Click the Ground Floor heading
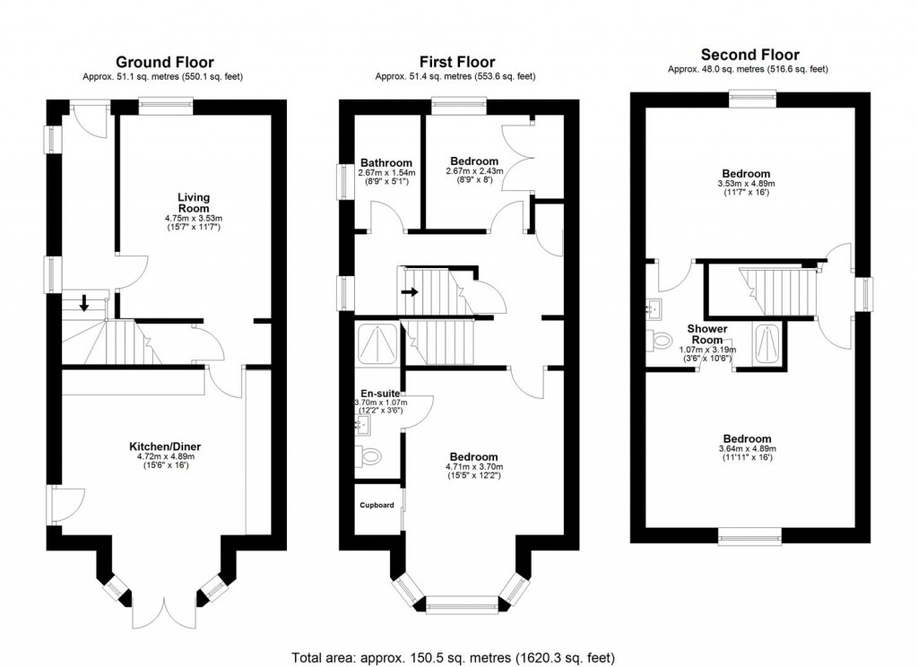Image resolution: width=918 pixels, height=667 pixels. [164, 62]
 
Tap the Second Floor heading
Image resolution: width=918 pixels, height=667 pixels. [749, 55]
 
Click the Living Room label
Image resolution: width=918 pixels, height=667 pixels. [193, 203]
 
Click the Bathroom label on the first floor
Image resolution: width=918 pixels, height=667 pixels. [386, 163]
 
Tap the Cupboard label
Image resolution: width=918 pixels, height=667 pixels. [377, 506]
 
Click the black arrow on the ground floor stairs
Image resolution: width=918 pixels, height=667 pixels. [84, 303]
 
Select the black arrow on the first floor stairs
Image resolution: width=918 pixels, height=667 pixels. [410, 291]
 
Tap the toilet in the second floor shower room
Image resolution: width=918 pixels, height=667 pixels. [661, 341]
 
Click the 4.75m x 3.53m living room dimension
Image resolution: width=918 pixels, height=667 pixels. [193, 217]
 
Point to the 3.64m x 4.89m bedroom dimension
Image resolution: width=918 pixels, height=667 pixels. [747, 448]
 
